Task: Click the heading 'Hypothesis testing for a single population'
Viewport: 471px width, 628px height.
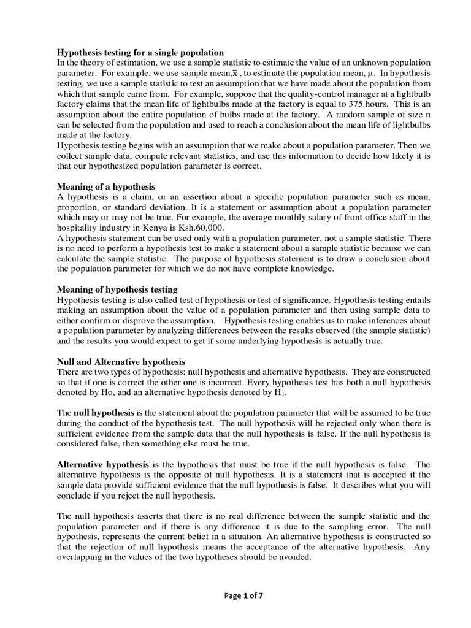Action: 140,52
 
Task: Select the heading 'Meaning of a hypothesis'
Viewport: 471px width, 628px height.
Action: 106,186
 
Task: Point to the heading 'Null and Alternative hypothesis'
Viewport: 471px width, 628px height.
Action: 121,362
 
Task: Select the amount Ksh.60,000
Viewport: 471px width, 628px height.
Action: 195,228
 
